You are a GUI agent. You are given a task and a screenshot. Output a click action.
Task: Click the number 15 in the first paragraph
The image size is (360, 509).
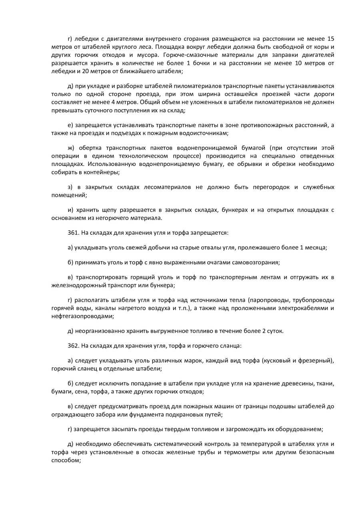click(x=330, y=39)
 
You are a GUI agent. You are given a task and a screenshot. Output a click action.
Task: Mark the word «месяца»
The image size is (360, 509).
click(x=316, y=248)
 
